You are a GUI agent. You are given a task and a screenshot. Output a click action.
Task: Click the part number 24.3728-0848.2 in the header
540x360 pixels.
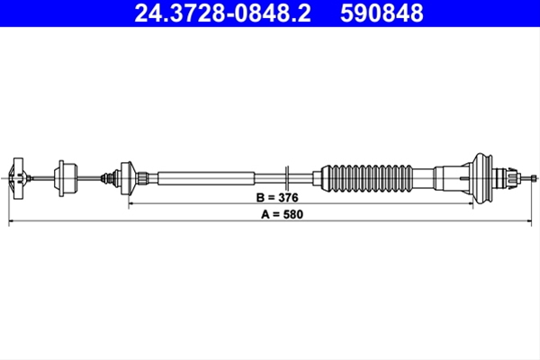pos(222,13)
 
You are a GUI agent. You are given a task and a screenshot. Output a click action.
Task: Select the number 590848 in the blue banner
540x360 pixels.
pos(382,13)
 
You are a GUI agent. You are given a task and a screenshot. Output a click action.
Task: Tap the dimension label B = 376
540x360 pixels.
pos(277,198)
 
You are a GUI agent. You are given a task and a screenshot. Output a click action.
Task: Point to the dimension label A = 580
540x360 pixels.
pos(282,214)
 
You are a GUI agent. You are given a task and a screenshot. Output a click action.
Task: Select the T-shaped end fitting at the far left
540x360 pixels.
pos(18,178)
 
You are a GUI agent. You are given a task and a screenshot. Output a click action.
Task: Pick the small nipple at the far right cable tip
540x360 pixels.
pos(534,178)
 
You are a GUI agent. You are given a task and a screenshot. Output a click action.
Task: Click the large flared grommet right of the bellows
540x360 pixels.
pos(482,178)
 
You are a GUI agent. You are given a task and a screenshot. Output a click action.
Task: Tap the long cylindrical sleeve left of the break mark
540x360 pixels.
pos(206,178)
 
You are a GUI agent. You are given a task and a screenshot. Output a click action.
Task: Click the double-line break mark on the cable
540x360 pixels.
pos(287,178)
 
